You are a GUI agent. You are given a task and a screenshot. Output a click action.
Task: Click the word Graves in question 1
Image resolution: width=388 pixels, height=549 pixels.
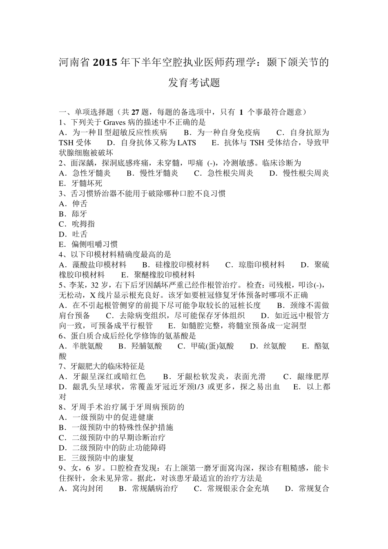[x=114, y=122]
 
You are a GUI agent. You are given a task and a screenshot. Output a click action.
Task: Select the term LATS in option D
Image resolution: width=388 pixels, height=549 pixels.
[x=187, y=143]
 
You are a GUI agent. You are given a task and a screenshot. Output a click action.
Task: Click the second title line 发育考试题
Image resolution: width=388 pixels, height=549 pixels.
[x=194, y=83]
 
